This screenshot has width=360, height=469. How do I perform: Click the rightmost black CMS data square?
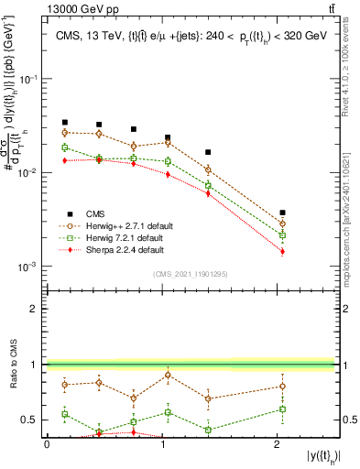click(282, 213)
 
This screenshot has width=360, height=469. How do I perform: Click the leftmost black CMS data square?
click(65, 122)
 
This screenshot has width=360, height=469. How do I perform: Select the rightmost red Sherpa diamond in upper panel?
click(282, 251)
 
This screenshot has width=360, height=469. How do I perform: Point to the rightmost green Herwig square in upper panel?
click(282, 235)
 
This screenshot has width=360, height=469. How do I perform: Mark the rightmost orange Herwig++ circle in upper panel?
click(282, 224)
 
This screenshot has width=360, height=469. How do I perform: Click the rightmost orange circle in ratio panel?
click(282, 386)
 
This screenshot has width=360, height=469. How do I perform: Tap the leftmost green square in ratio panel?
click(65, 414)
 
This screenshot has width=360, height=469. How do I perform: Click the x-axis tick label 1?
click(162, 444)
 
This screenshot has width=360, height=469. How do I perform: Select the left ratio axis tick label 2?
click(36, 309)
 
